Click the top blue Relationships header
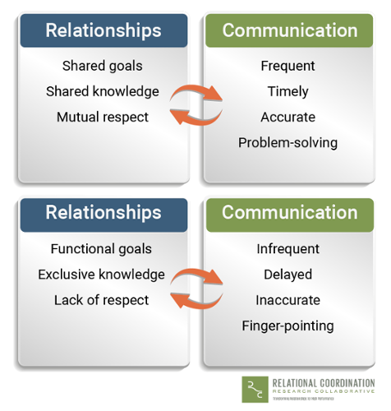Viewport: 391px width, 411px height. tap(103, 30)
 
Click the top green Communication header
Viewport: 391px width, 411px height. tap(290, 30)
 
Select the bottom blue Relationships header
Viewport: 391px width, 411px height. tap(103, 212)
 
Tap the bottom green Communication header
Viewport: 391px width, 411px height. tap(290, 212)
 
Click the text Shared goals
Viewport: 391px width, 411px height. tap(102, 66)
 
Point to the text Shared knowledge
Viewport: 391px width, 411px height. tap(102, 91)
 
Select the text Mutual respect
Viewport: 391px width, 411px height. tap(102, 117)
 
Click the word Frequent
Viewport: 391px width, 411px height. tap(287, 66)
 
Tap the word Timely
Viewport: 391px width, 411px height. tap(287, 91)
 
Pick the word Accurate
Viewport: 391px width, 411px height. tap(287, 117)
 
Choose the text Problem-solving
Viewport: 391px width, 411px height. tap(287, 142)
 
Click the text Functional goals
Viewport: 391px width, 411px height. tap(101, 248)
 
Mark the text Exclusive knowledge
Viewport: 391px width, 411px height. tap(101, 274)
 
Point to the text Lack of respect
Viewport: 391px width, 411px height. tap(101, 299)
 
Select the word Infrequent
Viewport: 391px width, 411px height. tap(287, 248)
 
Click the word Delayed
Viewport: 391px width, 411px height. tap(287, 274)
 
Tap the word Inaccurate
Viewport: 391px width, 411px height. tap(287, 299)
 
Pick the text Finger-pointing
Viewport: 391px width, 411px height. tap(287, 326)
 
